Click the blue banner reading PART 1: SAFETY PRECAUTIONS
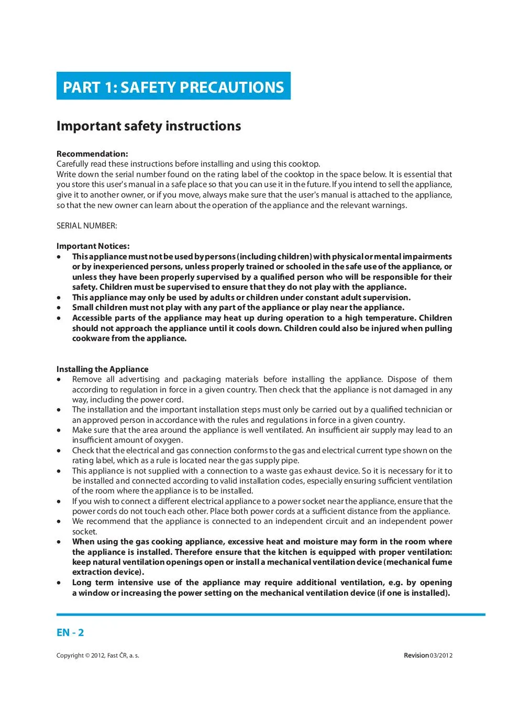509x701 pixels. point(173,86)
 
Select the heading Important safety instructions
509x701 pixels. point(149,126)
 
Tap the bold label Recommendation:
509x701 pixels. point(92,154)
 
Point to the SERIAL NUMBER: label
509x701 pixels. point(87,226)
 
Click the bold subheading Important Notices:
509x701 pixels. point(93,246)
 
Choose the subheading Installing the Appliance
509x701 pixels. point(103,369)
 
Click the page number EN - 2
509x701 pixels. point(70,633)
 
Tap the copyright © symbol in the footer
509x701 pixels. point(87,655)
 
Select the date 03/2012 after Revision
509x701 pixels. point(441,655)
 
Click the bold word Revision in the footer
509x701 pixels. point(416,655)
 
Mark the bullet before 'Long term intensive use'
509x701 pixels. point(60,583)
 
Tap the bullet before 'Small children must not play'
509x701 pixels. point(60,308)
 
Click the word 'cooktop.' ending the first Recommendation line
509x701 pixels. point(304,164)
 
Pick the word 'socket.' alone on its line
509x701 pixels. point(84,532)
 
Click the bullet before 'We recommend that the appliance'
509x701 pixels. point(60,521)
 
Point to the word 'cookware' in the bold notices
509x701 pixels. point(90,338)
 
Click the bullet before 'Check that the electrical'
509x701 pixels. point(60,451)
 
